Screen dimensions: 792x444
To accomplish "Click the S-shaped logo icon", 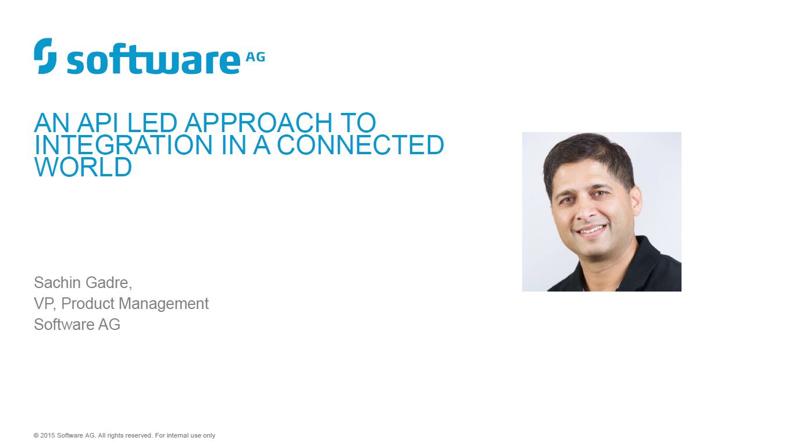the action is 45,56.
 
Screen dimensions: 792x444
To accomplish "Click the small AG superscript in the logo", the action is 255,57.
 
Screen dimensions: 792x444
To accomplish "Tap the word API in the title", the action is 98,123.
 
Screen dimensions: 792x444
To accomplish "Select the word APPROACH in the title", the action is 259,123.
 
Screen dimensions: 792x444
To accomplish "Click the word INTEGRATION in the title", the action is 123,145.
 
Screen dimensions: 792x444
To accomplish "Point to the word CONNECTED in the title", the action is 361,145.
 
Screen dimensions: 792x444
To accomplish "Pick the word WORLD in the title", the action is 83,166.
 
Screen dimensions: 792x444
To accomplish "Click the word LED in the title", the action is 152,123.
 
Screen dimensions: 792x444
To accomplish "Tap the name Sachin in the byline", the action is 58,283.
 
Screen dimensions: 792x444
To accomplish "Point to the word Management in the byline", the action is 163,304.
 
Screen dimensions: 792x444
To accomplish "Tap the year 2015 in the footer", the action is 48,435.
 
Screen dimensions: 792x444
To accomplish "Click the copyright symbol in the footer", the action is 36,435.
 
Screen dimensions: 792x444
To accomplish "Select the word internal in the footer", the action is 177,435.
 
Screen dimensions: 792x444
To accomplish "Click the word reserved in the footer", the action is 139,435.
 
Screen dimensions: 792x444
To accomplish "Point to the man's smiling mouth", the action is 591,230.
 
